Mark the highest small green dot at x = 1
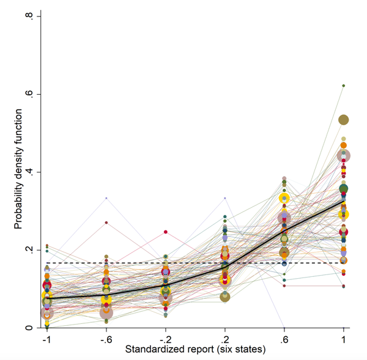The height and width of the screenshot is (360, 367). pos(344,86)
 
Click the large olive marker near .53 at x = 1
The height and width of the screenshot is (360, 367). pos(344,120)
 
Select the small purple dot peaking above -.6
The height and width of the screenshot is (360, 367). pos(106,198)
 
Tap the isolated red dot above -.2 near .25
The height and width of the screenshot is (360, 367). pos(165,232)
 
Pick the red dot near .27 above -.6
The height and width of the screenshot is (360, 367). pos(106,222)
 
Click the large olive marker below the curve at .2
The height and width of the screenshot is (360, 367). pos(225,297)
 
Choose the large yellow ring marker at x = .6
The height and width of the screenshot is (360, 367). pos(284,198)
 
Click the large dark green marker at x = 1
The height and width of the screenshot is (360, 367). pos(344,188)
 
